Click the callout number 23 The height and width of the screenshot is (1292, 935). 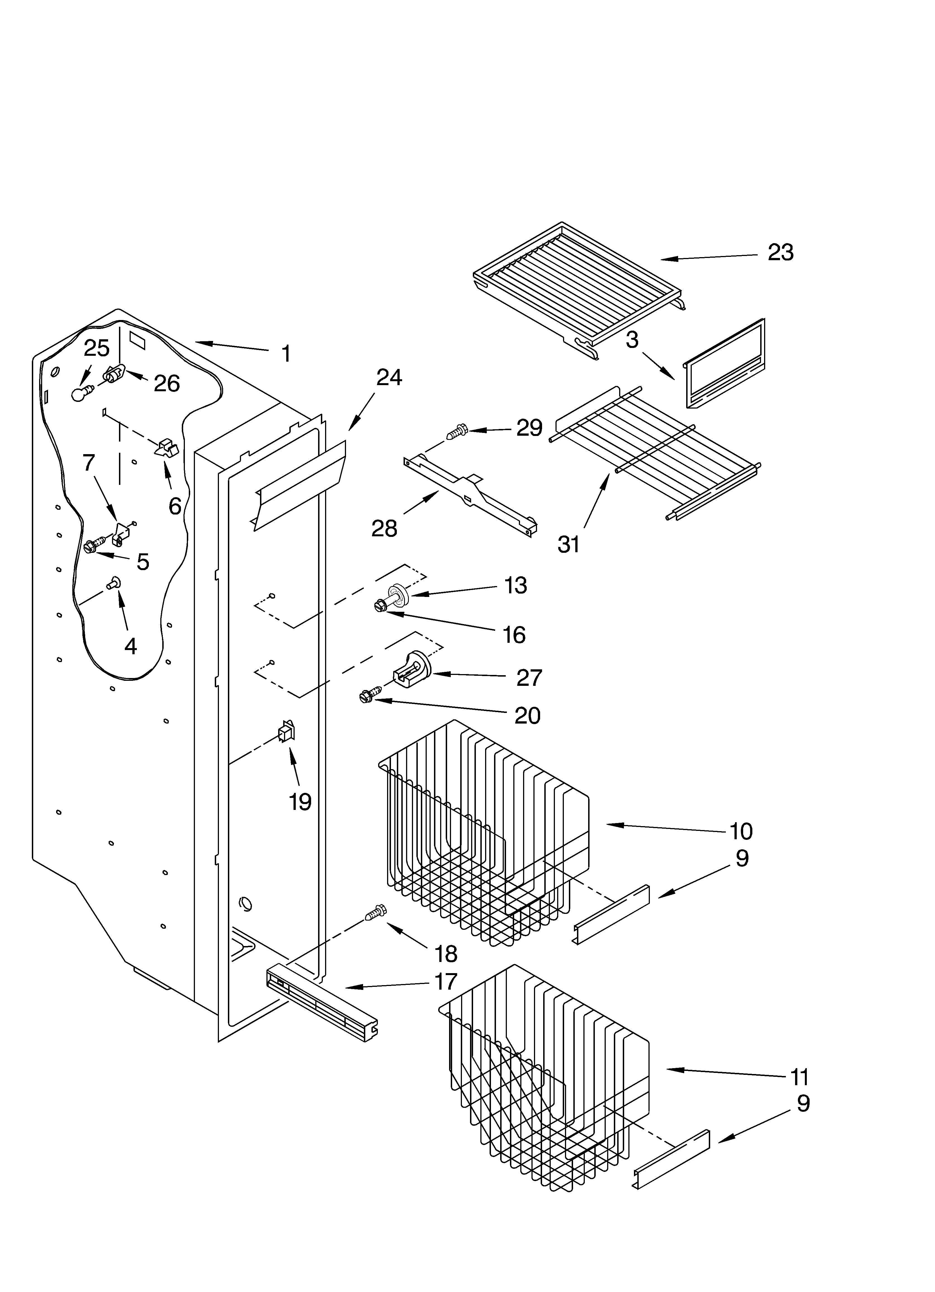(780, 252)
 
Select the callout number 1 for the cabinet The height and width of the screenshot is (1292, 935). (287, 354)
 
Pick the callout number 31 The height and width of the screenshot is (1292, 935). (568, 545)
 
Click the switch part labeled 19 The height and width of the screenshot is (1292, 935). (286, 731)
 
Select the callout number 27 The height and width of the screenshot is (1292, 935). (529, 678)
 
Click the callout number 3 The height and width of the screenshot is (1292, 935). (632, 340)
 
